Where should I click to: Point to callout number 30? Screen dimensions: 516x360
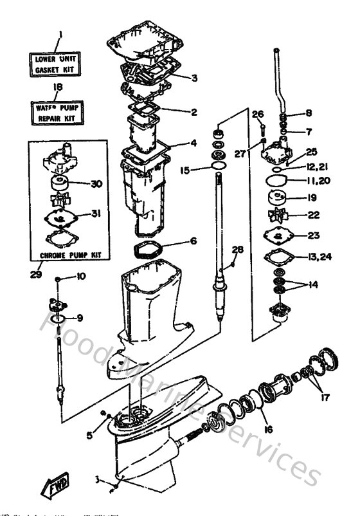96,184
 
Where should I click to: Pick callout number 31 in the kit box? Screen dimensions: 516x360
96,214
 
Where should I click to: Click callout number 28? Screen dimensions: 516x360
238,249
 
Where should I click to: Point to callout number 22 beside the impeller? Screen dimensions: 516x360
314,215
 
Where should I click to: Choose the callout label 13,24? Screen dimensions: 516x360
319,257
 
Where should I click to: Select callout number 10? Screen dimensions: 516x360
80,277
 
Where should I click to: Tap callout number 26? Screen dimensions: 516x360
257,114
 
